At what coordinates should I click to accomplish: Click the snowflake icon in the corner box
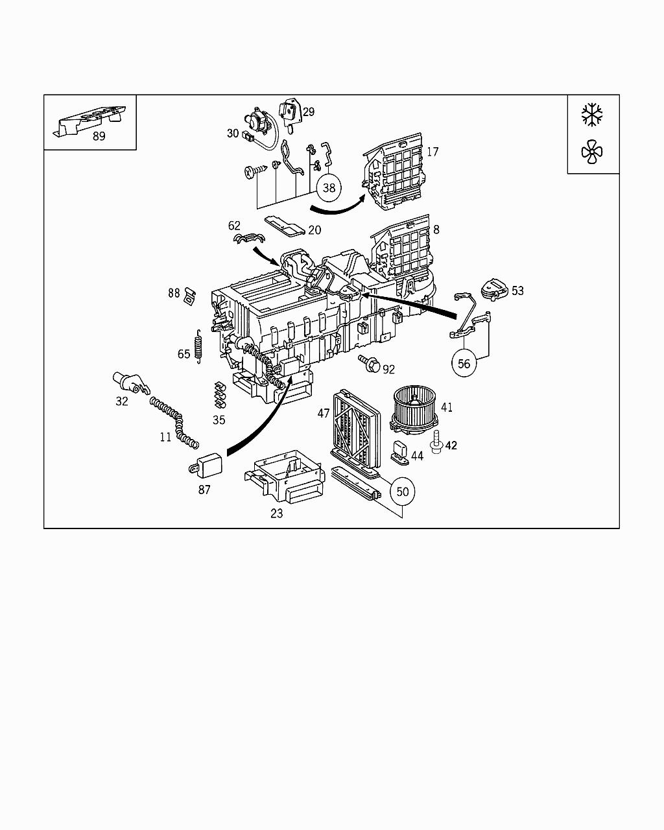pyautogui.click(x=592, y=114)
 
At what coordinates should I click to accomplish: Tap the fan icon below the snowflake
pyautogui.click(x=592, y=153)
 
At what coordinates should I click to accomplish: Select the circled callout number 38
pyautogui.click(x=329, y=187)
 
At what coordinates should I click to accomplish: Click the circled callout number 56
pyautogui.click(x=464, y=363)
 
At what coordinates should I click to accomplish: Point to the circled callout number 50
pyautogui.click(x=403, y=492)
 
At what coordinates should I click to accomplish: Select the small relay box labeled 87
pyautogui.click(x=209, y=464)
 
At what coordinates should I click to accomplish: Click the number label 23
pyautogui.click(x=277, y=514)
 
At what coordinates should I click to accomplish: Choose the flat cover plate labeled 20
pyautogui.click(x=285, y=226)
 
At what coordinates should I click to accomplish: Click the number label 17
pyautogui.click(x=433, y=152)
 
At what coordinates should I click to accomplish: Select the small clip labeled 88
pyautogui.click(x=190, y=295)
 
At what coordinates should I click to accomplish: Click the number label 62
pyautogui.click(x=234, y=226)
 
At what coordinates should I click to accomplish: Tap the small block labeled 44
pyautogui.click(x=400, y=451)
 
